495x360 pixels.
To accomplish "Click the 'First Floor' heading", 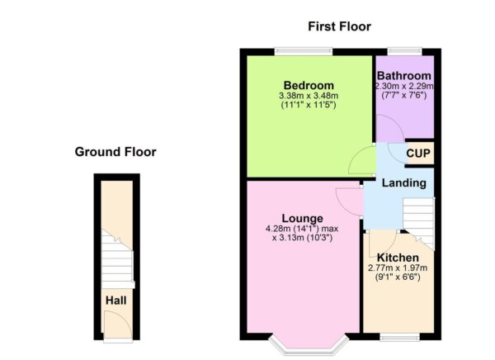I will (x=339, y=26).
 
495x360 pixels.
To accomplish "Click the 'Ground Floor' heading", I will (x=115, y=152).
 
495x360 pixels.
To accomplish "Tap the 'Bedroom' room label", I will (x=309, y=85).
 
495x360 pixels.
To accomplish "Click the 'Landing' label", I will (x=404, y=182).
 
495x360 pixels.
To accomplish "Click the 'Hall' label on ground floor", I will (x=114, y=301).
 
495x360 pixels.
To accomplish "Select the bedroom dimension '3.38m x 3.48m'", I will (x=309, y=97).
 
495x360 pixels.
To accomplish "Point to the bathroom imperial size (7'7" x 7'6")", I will (x=404, y=95).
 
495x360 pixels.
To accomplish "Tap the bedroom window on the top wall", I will (x=304, y=51).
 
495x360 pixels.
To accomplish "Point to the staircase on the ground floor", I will (x=116, y=256).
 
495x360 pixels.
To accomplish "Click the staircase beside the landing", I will (x=419, y=219).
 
